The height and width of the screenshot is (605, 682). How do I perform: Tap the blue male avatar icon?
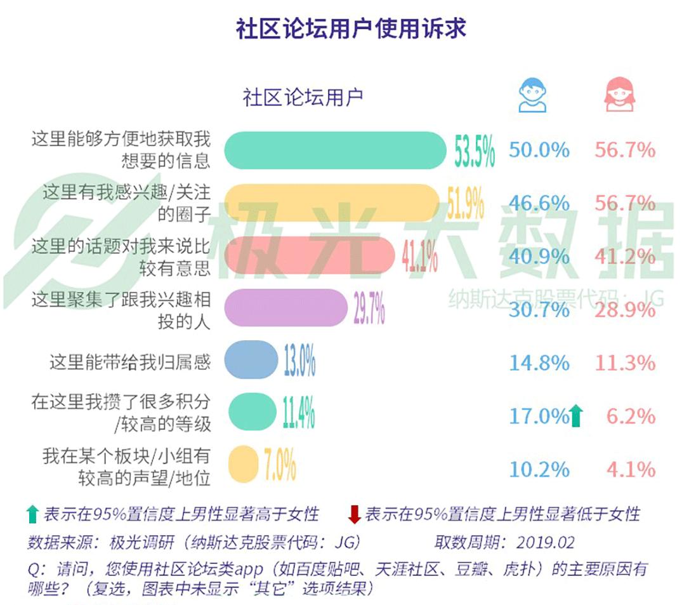[x=532, y=95]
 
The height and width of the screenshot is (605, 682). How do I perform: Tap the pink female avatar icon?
[x=619, y=95]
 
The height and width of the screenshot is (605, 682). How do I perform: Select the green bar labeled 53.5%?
[x=336, y=150]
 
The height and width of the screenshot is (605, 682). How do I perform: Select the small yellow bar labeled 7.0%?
[x=242, y=465]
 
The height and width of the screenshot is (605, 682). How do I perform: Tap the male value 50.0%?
[x=539, y=150]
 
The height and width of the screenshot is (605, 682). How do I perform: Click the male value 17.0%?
[x=539, y=416]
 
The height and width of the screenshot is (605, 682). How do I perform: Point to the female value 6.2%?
[x=630, y=416]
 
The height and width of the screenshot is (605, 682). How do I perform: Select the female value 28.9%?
[x=624, y=310]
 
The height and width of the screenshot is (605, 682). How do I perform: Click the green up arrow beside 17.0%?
[x=577, y=416]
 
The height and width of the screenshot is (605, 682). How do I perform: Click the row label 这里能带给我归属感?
[x=129, y=362]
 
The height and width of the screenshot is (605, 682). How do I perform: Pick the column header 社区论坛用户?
[x=303, y=98]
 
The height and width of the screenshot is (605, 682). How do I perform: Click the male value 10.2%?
[x=539, y=470]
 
